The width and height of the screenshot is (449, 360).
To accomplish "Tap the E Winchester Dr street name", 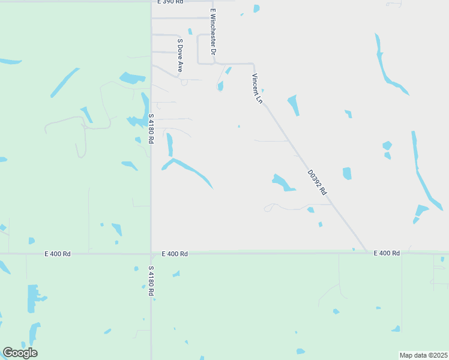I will tap(212, 32).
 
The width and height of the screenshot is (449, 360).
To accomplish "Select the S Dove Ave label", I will tap(179, 56).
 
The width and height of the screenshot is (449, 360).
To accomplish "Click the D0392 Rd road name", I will tap(316, 182).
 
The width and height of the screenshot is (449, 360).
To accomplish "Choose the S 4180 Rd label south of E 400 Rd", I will tap(151, 281).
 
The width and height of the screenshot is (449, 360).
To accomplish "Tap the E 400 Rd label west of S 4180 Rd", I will tap(58, 254).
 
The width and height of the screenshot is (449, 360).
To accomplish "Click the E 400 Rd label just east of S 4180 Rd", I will tap(175, 254).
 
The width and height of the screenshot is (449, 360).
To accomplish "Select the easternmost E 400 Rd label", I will tap(387, 253).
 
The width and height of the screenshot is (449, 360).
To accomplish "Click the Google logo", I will tap(20, 353).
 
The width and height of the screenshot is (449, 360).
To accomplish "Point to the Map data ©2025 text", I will tap(423, 355).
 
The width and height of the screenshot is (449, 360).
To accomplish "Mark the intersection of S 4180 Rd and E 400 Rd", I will tap(151, 254).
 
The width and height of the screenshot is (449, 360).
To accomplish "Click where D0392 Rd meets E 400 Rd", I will tap(367, 252).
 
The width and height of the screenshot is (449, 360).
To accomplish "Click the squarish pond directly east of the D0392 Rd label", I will tap(347, 173).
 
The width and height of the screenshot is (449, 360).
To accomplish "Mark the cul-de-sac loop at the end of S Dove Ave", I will tap(184, 82).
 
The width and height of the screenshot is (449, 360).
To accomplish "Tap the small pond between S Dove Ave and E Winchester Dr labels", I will tap(190, 31).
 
